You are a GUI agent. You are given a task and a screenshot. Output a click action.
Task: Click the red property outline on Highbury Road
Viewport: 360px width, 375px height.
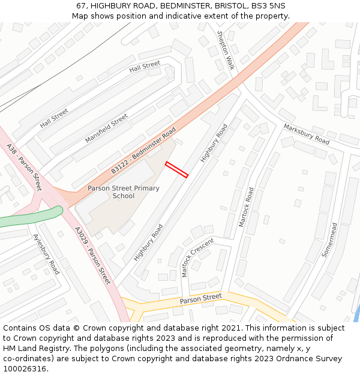pyautogui.click(x=177, y=170)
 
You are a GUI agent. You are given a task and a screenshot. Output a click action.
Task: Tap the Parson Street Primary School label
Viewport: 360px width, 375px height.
pyautogui.click(x=124, y=192)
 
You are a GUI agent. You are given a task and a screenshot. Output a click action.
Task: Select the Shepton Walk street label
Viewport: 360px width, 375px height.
pyautogui.click(x=225, y=50)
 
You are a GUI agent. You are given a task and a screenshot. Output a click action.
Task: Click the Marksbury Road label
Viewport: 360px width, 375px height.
pyautogui.click(x=307, y=134)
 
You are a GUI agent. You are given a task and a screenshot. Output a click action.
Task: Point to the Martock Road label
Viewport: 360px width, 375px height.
pyautogui.click(x=247, y=207)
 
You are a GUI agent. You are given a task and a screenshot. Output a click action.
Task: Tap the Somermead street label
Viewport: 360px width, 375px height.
pyautogui.click(x=329, y=239)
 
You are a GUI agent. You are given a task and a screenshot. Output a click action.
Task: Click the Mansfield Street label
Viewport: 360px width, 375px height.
pyautogui.click(x=107, y=128)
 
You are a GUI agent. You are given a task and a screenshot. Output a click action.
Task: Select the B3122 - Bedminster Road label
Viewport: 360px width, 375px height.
pyautogui.click(x=143, y=151)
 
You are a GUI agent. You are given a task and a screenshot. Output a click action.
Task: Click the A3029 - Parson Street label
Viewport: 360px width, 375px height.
pyautogui.click(x=92, y=255)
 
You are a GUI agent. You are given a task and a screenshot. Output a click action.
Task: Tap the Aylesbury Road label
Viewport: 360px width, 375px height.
pyautogui.click(x=46, y=254)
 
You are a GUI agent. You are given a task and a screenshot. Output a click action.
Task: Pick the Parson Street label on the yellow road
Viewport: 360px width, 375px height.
pyautogui.click(x=201, y=298)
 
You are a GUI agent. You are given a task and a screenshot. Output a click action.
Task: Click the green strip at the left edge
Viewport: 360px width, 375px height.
pyautogui.click(x=30, y=217)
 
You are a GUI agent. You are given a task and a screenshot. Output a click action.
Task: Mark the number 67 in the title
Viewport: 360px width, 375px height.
pyautogui.click(x=82, y=6)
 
